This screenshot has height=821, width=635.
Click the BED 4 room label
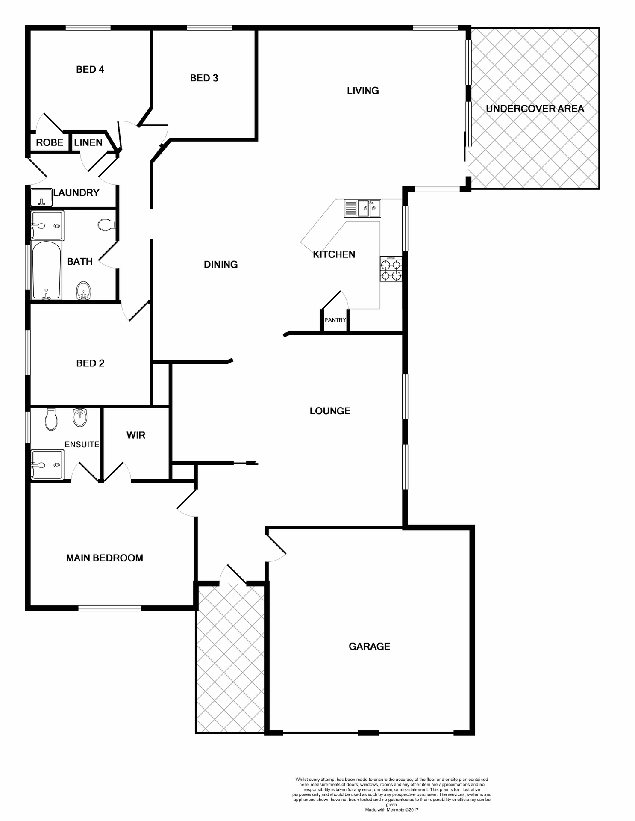point(90,69)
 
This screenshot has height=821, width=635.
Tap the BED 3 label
point(204,78)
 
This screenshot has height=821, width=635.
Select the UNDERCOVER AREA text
point(535,109)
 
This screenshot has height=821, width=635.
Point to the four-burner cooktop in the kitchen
point(391,269)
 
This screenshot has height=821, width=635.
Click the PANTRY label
point(335,320)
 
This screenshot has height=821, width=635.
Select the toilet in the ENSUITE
point(51,419)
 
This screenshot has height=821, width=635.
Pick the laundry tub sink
point(41,198)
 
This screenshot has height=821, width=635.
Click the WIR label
point(136,435)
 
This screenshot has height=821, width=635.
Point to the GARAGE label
point(369,646)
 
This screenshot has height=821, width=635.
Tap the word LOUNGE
point(330,411)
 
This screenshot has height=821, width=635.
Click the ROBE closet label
point(50,142)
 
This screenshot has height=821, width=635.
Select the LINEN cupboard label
point(88,142)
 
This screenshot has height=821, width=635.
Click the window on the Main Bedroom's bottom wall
point(109,608)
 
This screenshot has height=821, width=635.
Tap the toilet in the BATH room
point(106,224)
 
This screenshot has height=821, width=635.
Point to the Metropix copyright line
point(391,809)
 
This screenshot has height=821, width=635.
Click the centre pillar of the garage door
point(368,732)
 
